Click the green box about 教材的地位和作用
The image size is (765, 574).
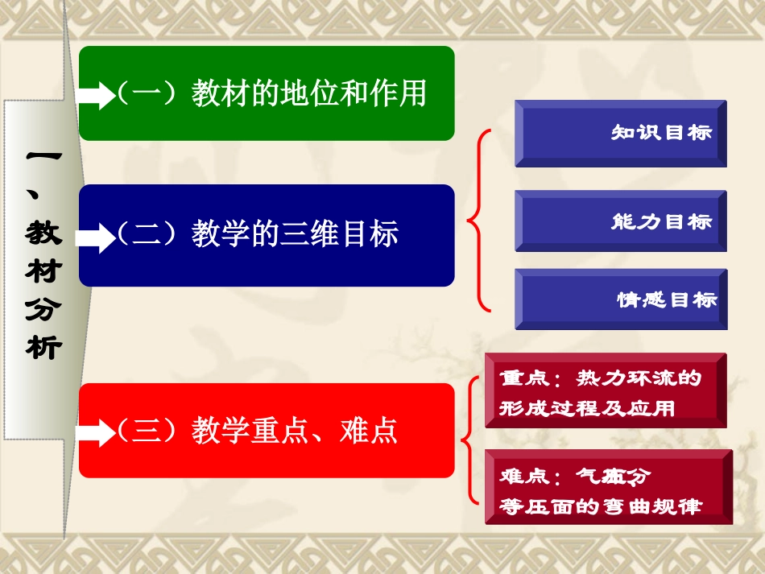coord(267,93)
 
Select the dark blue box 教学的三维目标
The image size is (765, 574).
coord(267,234)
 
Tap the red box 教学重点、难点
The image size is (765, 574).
coord(267,430)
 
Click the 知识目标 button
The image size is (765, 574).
coord(621,133)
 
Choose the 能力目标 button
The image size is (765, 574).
coord(621,221)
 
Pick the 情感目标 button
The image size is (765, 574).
coord(621,299)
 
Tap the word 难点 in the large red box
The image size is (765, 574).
coord(370,431)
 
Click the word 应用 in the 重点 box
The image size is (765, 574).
coord(653,408)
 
